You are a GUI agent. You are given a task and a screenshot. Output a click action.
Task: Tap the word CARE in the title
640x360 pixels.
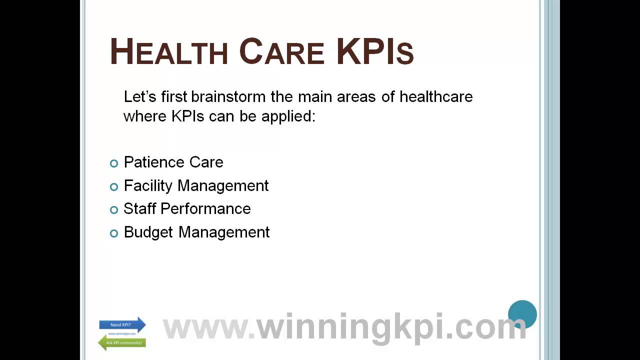[281, 52]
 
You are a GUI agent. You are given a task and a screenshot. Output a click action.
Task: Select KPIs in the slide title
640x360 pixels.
[375, 52]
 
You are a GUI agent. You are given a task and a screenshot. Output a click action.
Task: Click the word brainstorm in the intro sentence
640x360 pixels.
[228, 96]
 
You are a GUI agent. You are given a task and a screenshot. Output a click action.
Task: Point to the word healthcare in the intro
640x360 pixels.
[436, 96]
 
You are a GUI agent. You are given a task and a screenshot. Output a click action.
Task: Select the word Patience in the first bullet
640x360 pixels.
[154, 162]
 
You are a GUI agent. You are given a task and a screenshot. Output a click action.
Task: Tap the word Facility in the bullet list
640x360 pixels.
[148, 185]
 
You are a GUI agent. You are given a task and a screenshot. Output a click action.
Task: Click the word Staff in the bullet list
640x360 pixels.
[139, 208]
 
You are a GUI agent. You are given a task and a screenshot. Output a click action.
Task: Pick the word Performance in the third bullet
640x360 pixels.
[205, 208]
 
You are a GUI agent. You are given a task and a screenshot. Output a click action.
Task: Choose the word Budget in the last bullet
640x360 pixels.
[148, 232]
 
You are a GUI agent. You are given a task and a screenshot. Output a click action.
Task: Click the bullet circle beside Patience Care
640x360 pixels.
[114, 163]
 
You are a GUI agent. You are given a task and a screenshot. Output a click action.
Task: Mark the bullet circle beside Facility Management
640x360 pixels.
[114, 186]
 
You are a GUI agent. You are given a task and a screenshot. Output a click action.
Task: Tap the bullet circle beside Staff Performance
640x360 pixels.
[114, 209]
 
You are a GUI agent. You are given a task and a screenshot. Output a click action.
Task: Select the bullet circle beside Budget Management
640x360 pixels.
[114, 233]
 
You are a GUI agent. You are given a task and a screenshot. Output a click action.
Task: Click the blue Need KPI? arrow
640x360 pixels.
[122, 325]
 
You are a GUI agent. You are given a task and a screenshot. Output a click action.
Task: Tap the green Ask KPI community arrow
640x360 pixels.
[122, 342]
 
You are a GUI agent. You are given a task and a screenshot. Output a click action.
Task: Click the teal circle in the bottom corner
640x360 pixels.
[522, 314]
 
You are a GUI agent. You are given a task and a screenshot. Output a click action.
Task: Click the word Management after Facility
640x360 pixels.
[223, 185]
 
